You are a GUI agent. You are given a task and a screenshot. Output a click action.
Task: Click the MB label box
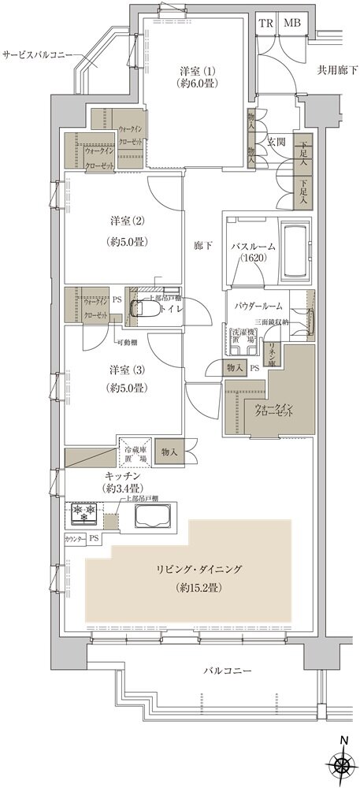(x=291, y=23)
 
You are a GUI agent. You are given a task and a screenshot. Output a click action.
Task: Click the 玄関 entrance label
(x=276, y=142)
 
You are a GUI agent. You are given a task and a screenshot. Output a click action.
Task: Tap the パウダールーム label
(x=257, y=304)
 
